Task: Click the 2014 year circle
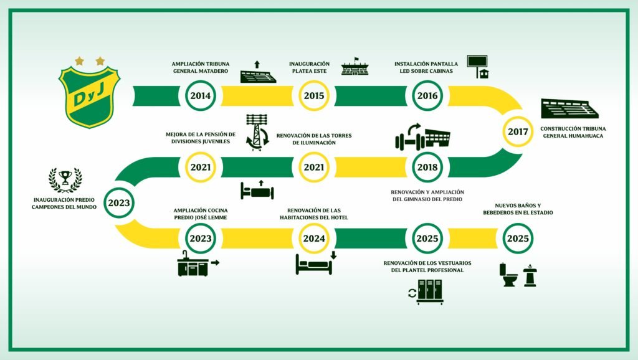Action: [x=201, y=97]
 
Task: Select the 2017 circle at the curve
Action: [x=518, y=131]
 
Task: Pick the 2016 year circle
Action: [x=427, y=97]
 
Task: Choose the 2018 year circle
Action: [x=427, y=167]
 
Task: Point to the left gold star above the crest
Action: [x=79, y=60]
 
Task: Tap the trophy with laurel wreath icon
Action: [x=65, y=179]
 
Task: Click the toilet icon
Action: [x=509, y=275]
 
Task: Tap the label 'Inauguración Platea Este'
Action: [x=310, y=67]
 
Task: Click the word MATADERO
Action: [x=212, y=72]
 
